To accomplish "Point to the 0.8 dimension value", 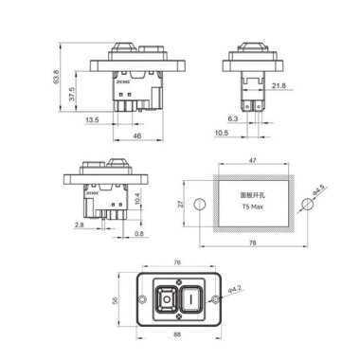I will point(141,233).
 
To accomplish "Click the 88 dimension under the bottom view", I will point(179,333).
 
